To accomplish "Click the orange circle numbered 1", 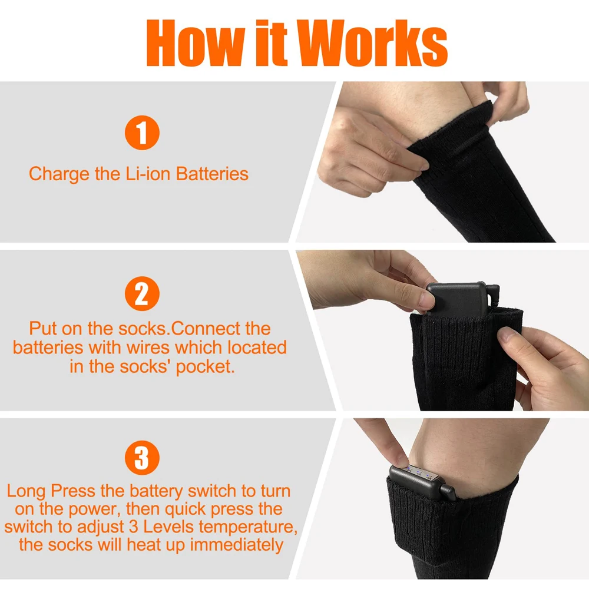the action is (x=142, y=133).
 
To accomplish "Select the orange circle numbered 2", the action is (x=142, y=293).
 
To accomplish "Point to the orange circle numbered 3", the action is (x=142, y=458).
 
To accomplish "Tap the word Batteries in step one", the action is (x=212, y=174).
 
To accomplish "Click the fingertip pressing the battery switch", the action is (x=401, y=461).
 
